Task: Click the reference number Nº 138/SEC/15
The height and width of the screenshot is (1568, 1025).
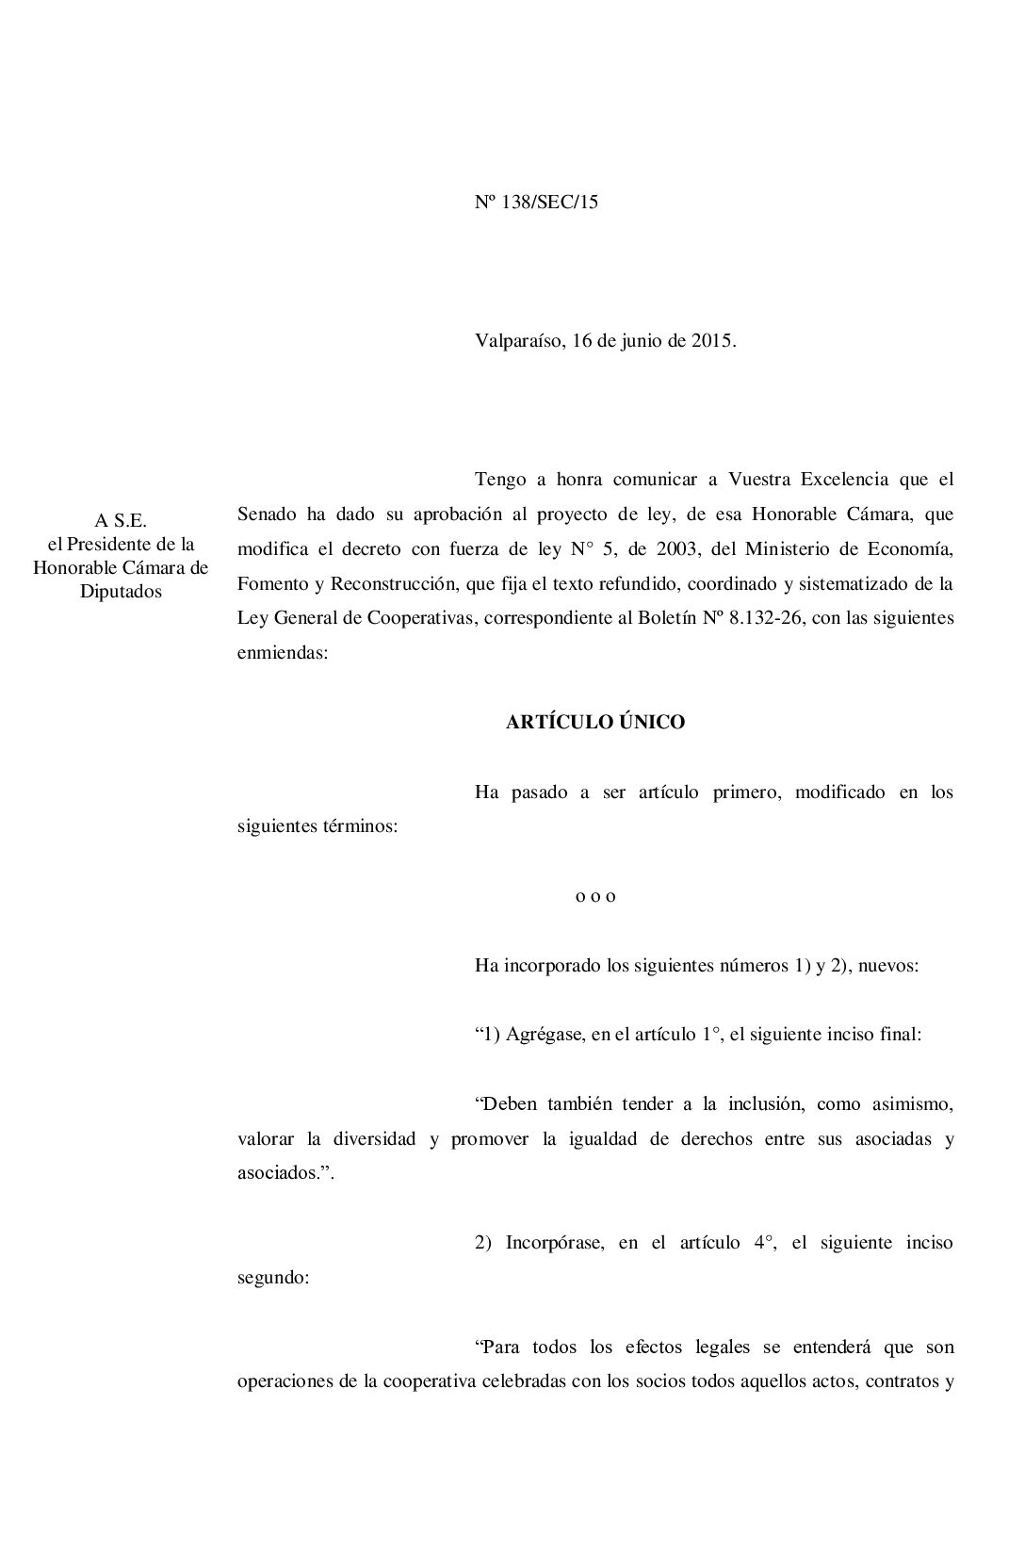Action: click(536, 203)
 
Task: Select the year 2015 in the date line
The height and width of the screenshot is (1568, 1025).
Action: click(713, 341)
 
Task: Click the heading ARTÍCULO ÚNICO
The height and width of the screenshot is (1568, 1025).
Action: click(595, 723)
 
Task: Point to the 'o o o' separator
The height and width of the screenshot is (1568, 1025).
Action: click(595, 896)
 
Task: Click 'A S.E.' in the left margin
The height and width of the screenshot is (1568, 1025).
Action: click(121, 520)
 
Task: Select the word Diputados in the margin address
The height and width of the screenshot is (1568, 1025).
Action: click(121, 592)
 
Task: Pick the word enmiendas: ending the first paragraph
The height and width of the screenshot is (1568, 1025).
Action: click(283, 653)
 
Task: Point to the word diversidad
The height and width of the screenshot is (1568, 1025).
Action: click(374, 1139)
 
